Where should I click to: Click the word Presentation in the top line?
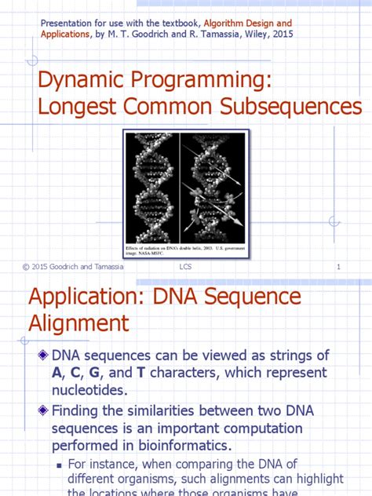(x=64, y=24)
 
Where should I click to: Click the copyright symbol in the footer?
(x=26, y=268)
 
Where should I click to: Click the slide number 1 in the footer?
(x=338, y=268)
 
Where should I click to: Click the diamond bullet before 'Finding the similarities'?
(x=42, y=410)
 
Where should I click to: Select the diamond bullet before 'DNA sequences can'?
(x=42, y=356)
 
